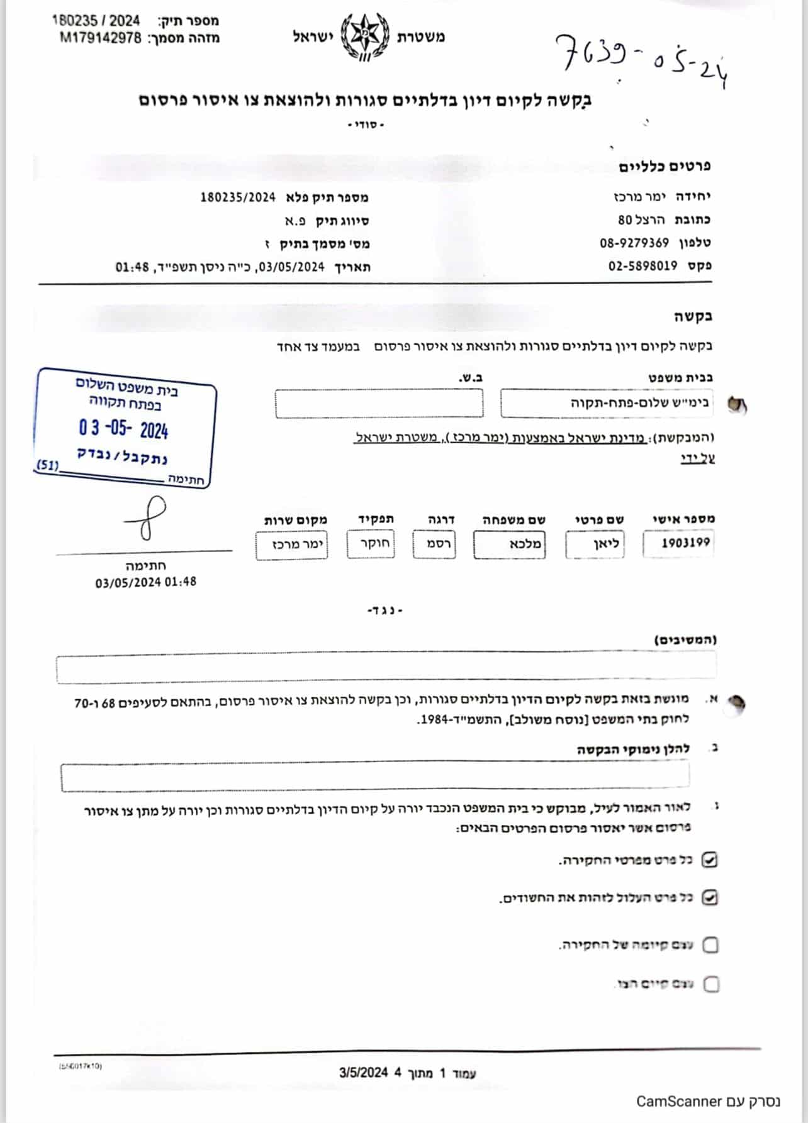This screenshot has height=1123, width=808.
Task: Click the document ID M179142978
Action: coord(101,38)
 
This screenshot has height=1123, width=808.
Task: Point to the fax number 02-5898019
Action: coord(642,266)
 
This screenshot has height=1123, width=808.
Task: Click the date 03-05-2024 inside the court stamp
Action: coord(123,429)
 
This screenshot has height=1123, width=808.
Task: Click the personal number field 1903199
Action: coord(679,544)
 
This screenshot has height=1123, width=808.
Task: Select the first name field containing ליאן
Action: coord(595,545)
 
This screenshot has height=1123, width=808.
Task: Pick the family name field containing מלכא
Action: coord(509,545)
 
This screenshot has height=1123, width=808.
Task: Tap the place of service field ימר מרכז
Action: coord(292,545)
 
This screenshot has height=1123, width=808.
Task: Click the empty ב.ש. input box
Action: coord(379,403)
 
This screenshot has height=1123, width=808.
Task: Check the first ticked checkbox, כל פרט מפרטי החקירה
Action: coord(709,860)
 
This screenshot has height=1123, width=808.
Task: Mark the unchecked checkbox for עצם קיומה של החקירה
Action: coord(710,944)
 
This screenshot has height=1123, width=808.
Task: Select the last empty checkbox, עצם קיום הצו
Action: coord(711,983)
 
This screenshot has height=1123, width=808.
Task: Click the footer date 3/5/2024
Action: coord(363,1072)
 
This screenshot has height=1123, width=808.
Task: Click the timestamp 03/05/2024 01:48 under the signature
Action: coord(145,582)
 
